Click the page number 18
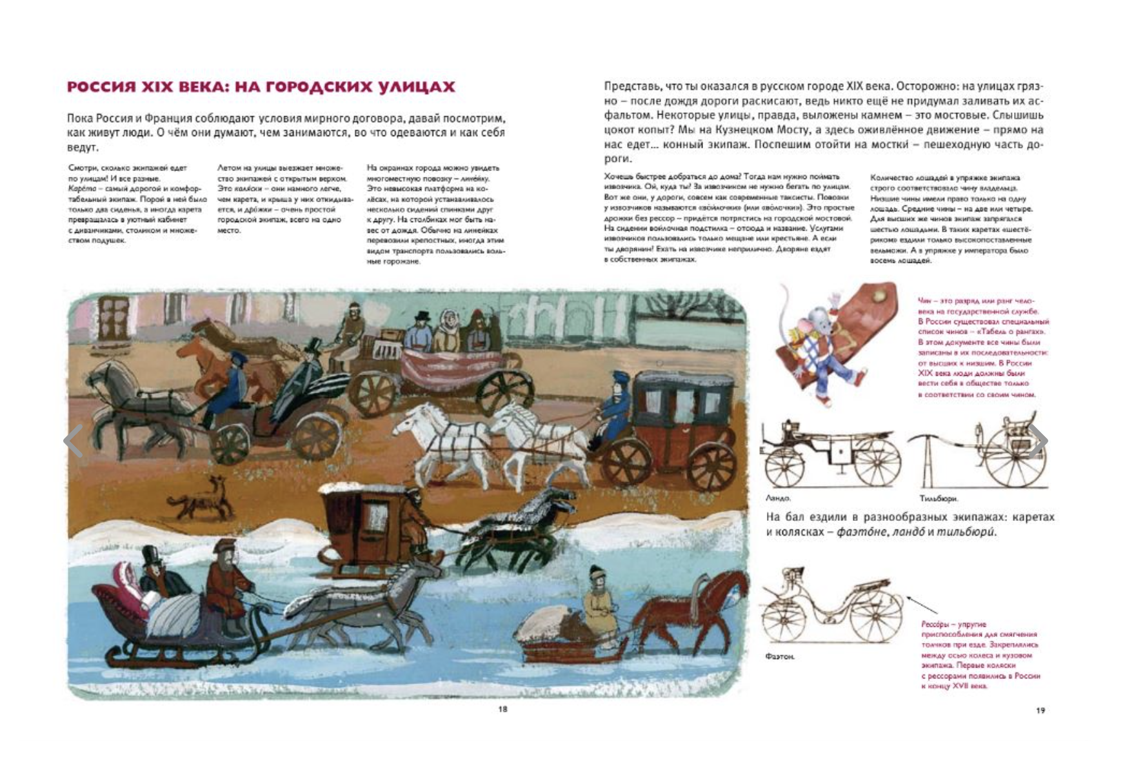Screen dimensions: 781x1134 pyautogui.click(x=502, y=709)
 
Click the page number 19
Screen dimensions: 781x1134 pyautogui.click(x=1040, y=710)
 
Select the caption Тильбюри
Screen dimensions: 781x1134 pyautogui.click(x=939, y=498)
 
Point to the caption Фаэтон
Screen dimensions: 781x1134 pyautogui.click(x=779, y=656)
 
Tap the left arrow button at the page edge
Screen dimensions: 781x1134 pyautogui.click(x=73, y=441)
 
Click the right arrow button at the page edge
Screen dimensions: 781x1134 pyautogui.click(x=1037, y=441)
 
